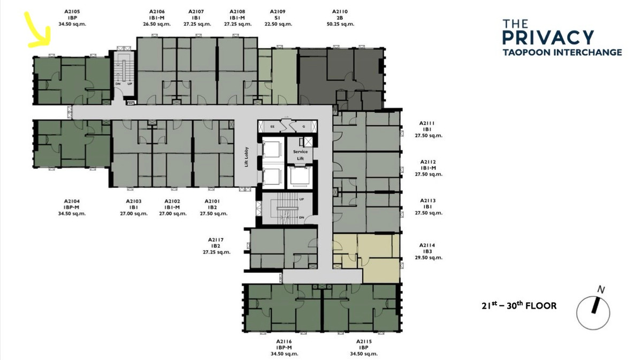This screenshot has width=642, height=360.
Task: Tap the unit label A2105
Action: [72, 12]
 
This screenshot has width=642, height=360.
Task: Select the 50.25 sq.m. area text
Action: [340, 24]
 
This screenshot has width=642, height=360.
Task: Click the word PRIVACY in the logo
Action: [548, 37]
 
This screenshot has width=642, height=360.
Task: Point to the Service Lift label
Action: [300, 155]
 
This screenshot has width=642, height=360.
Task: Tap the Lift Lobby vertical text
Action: [247, 157]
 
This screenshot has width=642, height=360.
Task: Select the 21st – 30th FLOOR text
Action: [519, 305]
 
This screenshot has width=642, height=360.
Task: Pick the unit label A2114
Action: [427, 246]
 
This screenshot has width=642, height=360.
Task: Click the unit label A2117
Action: [216, 240]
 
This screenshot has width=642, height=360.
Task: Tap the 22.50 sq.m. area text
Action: [278, 24]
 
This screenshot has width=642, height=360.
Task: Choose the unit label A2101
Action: [212, 202]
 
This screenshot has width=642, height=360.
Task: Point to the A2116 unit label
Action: [284, 342]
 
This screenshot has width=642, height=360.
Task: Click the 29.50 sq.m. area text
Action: [429, 258]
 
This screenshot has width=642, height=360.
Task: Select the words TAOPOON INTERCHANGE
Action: [562, 52]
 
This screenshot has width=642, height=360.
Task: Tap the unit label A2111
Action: [427, 123]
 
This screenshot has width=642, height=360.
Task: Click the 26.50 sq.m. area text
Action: [157, 24]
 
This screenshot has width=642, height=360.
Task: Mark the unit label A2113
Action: [428, 201]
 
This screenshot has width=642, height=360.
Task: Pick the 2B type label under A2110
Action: [340, 18]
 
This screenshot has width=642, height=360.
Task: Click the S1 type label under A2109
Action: [278, 18]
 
